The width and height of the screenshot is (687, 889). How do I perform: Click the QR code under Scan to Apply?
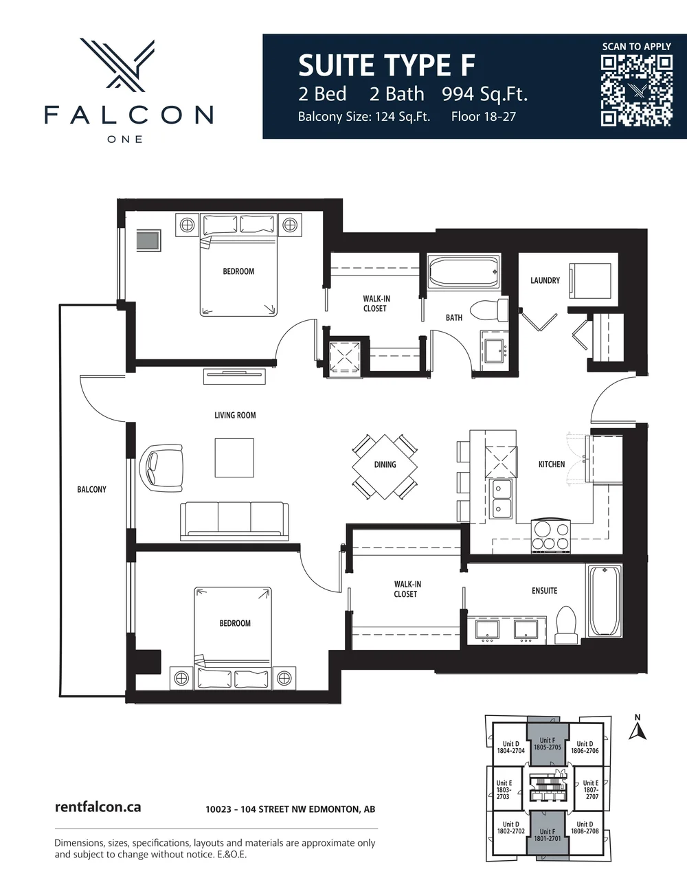pos(636,91)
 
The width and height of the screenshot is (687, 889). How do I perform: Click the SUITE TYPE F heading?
pos(386,66)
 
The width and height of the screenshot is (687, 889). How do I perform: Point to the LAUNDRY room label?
pos(545,280)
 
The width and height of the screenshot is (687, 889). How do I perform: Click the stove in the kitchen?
pos(551,536)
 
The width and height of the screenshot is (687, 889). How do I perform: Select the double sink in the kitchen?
pos(501,498)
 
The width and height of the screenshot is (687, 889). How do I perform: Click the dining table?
pos(385,466)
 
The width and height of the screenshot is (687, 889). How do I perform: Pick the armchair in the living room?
pos(162,468)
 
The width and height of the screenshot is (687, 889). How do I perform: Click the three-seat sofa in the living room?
pos(234,520)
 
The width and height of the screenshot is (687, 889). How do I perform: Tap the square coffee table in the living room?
pos(234,458)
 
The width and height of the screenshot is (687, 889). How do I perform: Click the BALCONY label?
pos(91,489)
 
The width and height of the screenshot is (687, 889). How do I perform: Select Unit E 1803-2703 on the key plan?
pos(504,789)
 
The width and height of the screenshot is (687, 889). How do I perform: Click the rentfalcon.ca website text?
pos(98,807)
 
